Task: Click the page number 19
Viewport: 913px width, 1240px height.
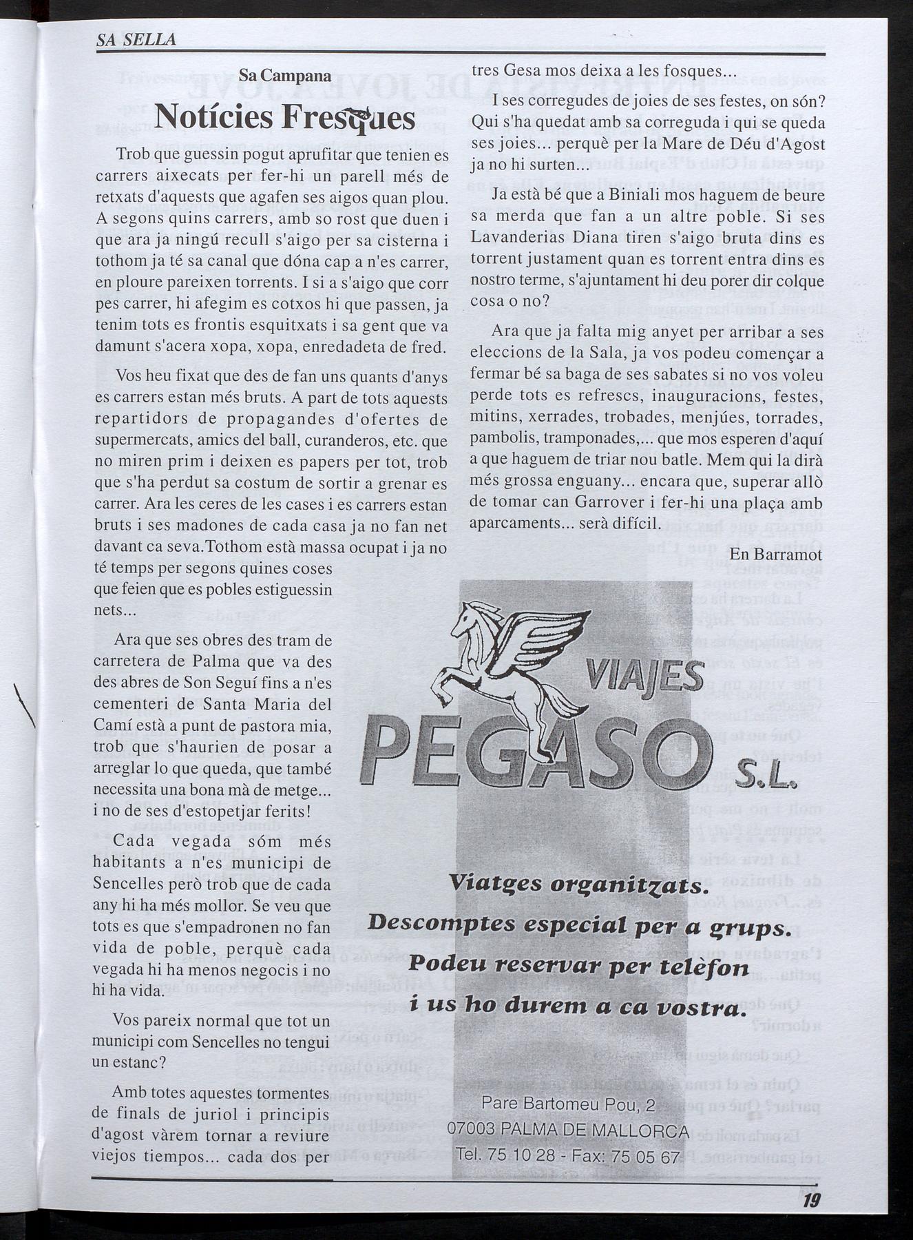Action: pyautogui.click(x=811, y=1201)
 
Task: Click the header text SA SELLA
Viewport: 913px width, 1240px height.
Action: pyautogui.click(x=136, y=40)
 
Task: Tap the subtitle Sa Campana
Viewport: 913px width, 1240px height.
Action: pyautogui.click(x=284, y=76)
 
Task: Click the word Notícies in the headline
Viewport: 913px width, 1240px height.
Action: pyautogui.click(x=213, y=117)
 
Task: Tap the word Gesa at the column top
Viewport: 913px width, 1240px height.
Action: pyautogui.click(x=565, y=70)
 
